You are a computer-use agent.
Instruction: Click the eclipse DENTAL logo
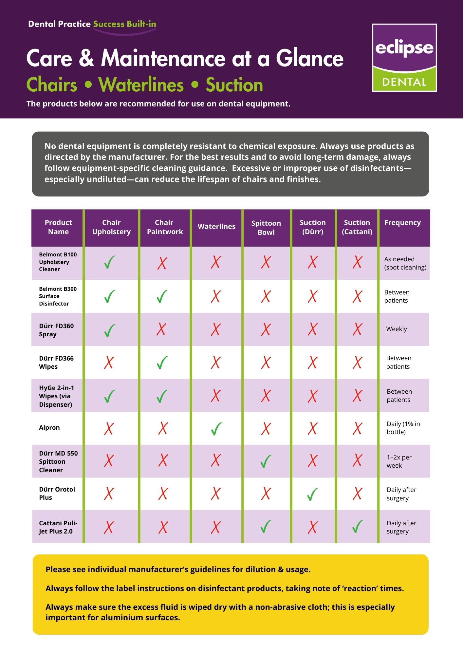404,58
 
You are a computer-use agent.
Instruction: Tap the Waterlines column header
216,227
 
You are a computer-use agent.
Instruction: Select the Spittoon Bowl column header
266,228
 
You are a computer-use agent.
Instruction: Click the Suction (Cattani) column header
357,227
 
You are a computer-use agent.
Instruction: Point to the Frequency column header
402,223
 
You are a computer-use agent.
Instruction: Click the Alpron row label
49,427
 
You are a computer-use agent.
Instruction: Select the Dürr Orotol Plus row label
57,493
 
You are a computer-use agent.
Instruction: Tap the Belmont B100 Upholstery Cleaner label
58,262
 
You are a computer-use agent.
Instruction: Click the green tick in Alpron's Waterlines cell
216,428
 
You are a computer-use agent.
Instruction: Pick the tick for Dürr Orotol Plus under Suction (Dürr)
312,494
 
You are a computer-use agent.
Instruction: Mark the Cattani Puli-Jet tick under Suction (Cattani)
357,526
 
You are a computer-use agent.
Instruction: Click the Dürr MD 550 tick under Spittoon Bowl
266,461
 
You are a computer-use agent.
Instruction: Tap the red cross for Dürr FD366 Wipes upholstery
109,363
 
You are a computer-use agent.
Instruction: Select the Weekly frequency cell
397,329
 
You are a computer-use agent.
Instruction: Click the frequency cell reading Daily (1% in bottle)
403,428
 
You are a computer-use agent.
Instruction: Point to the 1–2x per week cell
399,461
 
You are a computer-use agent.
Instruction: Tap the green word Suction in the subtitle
234,85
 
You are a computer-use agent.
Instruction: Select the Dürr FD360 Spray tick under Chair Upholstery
109,330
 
